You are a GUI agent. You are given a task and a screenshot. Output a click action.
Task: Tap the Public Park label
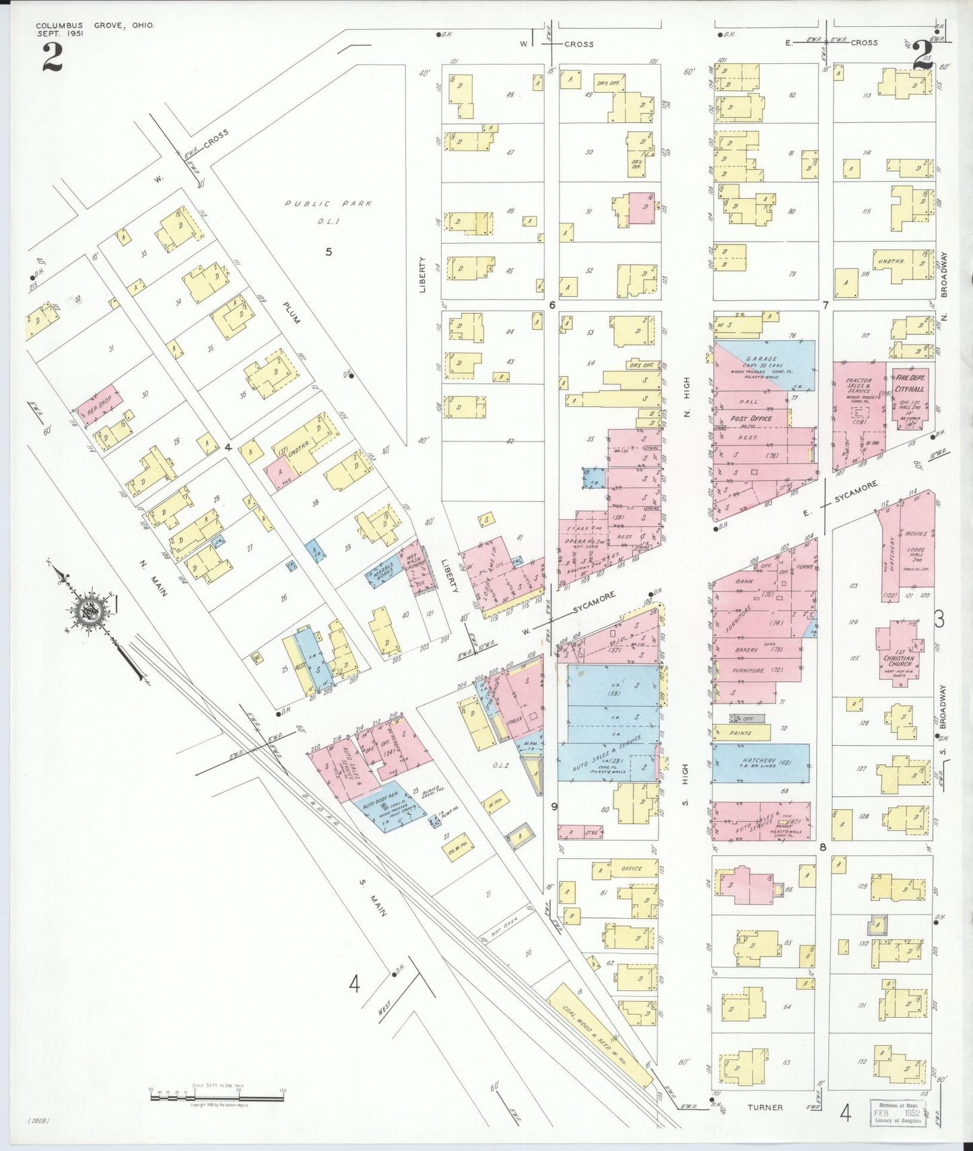tap(328, 203)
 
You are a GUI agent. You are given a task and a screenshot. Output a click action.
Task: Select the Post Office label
tap(751, 418)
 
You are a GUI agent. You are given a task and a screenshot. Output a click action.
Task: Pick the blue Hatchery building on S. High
tap(761, 763)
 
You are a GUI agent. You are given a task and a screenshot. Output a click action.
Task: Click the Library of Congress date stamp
tap(896, 1113)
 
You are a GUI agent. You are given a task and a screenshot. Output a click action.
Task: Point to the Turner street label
tap(765, 1107)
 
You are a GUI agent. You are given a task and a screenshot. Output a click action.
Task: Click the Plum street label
tap(291, 312)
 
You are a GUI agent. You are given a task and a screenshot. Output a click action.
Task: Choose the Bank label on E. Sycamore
tap(744, 581)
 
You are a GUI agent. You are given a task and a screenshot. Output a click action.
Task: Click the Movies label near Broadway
tap(916, 534)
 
